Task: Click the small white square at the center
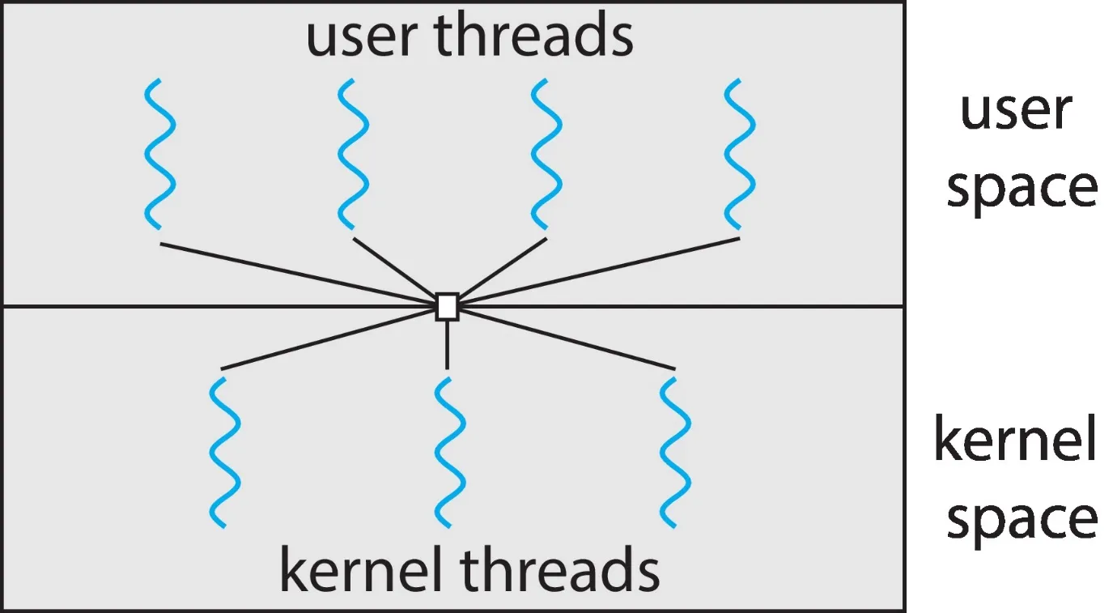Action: (x=447, y=307)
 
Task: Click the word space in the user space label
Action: (x=1022, y=188)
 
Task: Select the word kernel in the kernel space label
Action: (x=1015, y=441)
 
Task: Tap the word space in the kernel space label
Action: (x=1022, y=518)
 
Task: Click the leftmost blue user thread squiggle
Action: (x=159, y=154)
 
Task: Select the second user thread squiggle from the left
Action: (x=354, y=154)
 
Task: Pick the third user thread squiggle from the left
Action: (x=546, y=154)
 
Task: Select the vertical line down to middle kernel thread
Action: (x=447, y=344)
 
